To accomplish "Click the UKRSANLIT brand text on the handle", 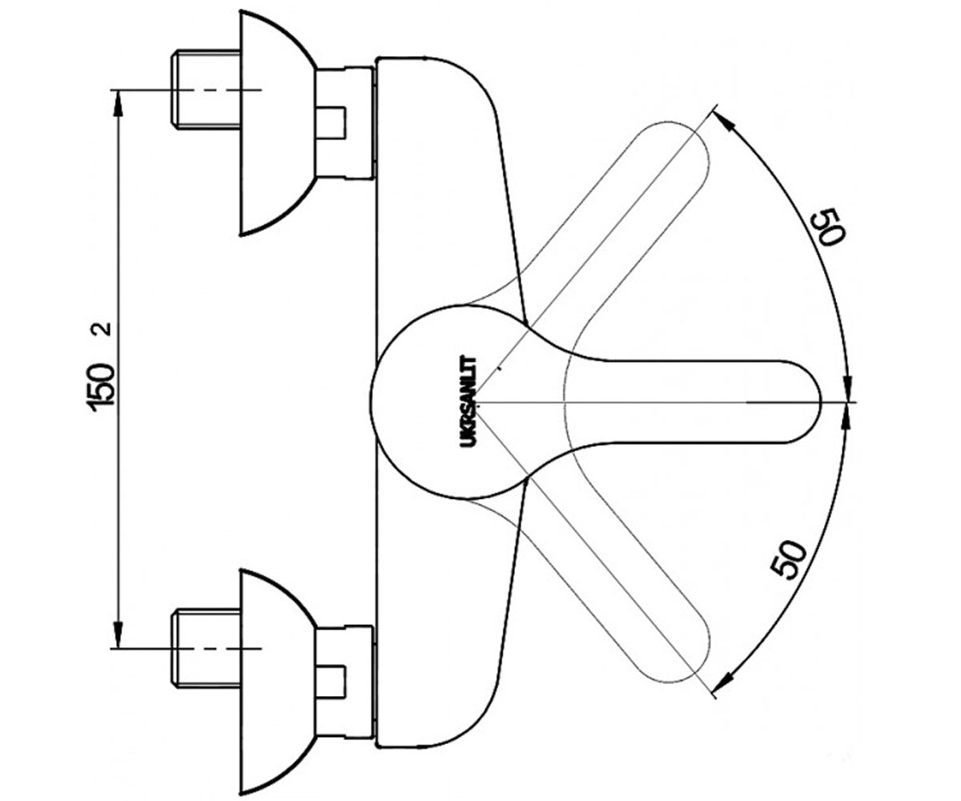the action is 468,401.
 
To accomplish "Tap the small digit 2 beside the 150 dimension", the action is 103,328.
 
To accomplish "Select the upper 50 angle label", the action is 828,227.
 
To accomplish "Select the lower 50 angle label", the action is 789,559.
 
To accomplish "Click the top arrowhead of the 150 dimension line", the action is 118,102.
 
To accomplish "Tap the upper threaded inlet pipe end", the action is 205,89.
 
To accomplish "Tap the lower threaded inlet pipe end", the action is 205,648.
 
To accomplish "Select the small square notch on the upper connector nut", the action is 332,123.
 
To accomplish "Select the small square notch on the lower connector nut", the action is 332,682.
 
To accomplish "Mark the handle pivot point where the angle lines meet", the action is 479,403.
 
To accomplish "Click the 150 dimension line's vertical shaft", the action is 118,368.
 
